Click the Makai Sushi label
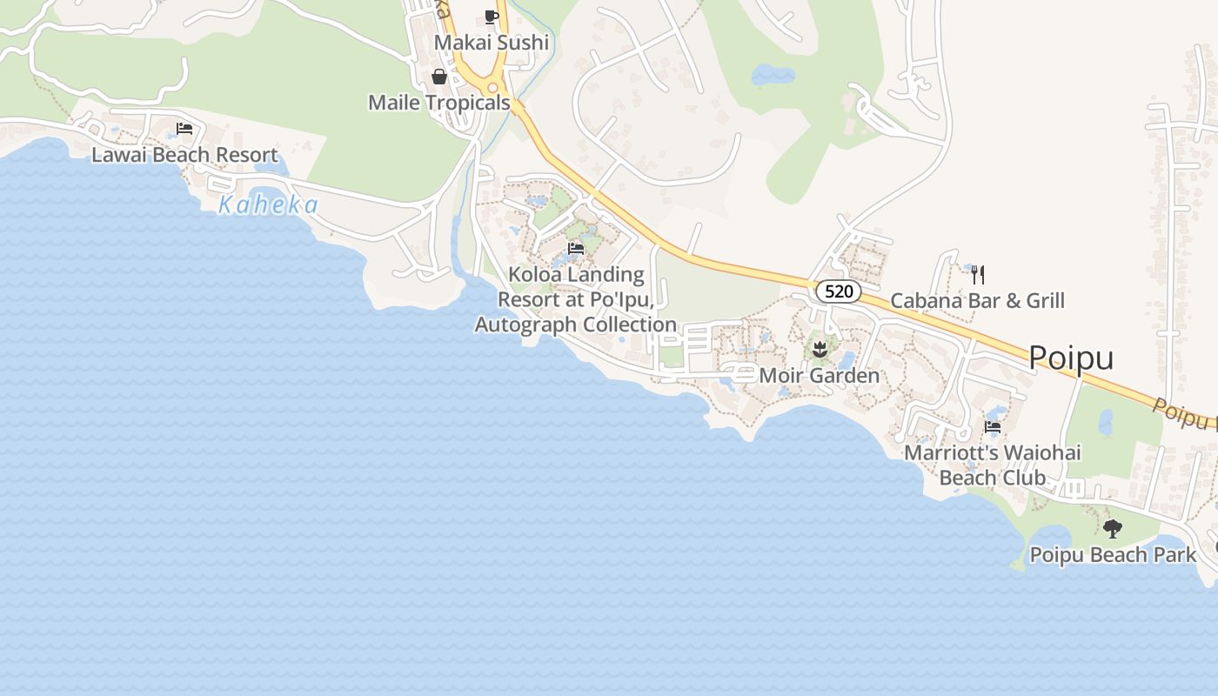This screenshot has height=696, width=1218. [492, 43]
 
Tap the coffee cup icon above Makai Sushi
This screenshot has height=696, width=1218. [492, 17]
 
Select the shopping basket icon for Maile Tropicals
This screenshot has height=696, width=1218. [439, 77]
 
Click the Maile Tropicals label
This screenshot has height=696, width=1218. [439, 103]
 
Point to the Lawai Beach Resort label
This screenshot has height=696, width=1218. [185, 156]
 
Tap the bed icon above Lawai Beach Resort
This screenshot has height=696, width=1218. [184, 129]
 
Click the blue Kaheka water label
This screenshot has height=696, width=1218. [268, 205]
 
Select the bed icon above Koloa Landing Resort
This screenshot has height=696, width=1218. [575, 249]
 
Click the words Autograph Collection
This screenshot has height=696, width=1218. [575, 325]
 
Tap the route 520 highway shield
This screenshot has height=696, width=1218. [839, 291]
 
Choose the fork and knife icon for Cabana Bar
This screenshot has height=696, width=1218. [978, 275]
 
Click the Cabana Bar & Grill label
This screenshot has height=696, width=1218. [978, 301]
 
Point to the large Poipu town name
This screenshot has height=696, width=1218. [1071, 358]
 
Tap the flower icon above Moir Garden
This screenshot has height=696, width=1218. [819, 351]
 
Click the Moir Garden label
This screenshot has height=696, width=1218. [819, 376]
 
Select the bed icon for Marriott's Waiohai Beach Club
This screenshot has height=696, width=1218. [993, 427]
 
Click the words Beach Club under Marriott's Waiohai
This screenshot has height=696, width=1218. [993, 478]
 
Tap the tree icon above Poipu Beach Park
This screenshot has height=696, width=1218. [1112, 528]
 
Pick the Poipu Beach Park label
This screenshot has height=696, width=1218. [1113, 554]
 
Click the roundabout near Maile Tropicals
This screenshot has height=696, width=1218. [493, 87]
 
